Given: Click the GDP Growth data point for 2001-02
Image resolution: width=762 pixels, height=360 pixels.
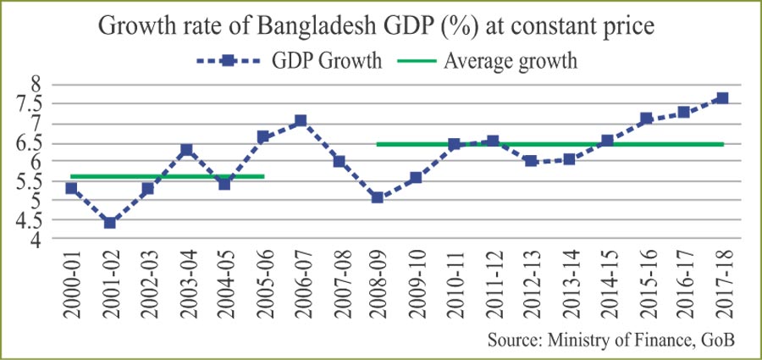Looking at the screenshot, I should (x=109, y=223).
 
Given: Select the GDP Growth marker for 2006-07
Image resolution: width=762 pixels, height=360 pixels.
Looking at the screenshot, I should (x=300, y=121).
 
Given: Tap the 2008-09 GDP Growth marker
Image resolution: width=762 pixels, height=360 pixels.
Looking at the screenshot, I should (x=377, y=197).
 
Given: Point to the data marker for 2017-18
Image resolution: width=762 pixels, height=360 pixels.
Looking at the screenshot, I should (x=721, y=98).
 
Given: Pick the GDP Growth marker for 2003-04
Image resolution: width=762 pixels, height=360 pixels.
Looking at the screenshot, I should (x=186, y=150).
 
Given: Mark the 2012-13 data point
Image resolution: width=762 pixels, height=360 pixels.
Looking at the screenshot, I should (x=531, y=161).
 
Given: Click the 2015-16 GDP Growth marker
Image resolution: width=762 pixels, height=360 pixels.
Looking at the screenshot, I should (x=645, y=119).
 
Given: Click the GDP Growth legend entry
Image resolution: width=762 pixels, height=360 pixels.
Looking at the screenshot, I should (x=288, y=60).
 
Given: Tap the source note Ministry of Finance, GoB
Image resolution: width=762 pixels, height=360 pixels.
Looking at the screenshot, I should (x=610, y=340).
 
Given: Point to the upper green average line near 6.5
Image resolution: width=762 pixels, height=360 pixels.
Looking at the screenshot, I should (x=550, y=144).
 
